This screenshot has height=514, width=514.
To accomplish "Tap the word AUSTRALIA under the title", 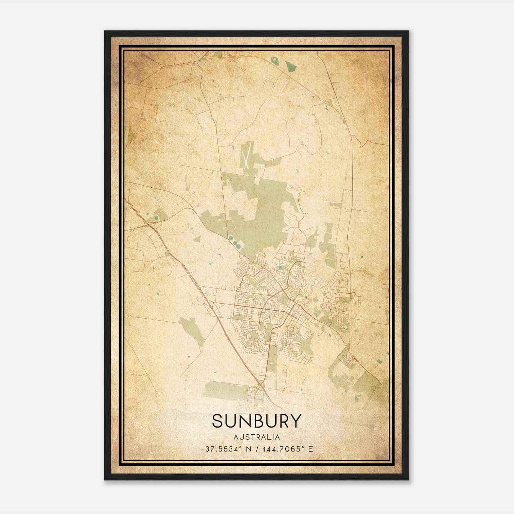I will click(x=257, y=437).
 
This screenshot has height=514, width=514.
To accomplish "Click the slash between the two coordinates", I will click(x=257, y=449).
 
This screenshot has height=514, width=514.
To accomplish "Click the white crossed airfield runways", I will click(x=246, y=156).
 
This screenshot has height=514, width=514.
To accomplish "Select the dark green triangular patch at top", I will click(x=291, y=66).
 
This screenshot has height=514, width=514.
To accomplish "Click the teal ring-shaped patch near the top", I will click(x=274, y=60).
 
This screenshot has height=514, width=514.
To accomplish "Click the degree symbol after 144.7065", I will click(x=304, y=447).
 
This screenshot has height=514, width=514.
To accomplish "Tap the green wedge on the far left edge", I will click(x=130, y=135).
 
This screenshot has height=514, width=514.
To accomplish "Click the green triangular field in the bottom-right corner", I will click(x=369, y=385).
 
